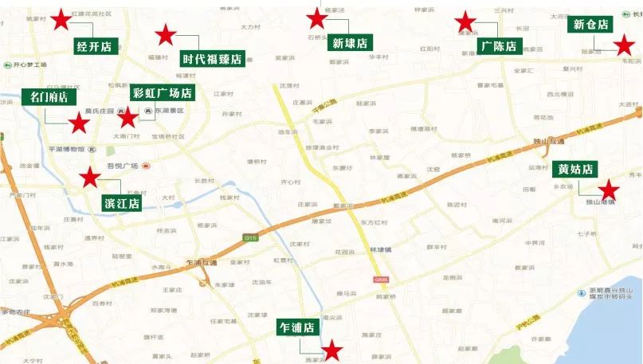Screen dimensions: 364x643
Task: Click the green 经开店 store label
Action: coord(93,45)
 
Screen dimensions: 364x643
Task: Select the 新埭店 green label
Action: coord(350,43)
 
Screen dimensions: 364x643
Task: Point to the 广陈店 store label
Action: coord(500,46)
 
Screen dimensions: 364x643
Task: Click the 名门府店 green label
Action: coord(49,97)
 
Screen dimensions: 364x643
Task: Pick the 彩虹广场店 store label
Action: coord(163,93)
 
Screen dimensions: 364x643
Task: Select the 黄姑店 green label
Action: coord(574,170)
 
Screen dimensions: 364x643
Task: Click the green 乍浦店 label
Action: coord(297,327)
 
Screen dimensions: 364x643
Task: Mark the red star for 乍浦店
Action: coord(331,350)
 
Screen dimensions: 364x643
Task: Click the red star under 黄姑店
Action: coord(609,190)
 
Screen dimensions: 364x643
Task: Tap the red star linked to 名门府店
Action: coord(78,123)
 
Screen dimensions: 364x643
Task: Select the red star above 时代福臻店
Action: coord(165,34)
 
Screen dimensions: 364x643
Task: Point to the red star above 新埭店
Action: coord(317,17)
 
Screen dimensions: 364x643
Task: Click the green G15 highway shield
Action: coord(251,237)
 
